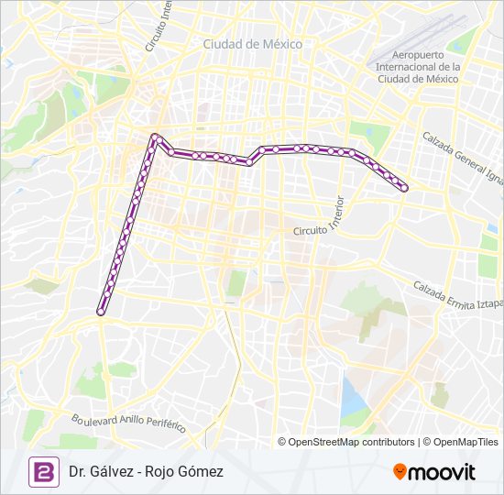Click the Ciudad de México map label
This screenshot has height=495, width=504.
252,43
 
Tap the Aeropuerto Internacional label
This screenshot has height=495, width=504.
417,66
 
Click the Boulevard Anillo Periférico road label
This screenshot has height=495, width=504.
128,423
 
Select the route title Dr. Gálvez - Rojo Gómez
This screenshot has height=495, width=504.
146,471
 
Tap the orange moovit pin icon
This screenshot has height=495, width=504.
400,472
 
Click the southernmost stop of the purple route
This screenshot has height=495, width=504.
102,311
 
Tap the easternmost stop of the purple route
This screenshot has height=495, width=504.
404,188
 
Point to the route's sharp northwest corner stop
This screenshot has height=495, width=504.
156,137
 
